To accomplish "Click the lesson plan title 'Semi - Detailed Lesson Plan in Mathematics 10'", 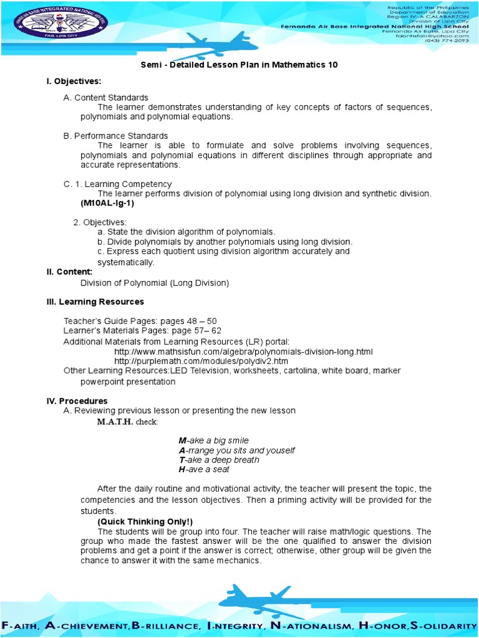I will [x=239, y=65].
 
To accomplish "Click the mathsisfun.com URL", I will [x=243, y=352].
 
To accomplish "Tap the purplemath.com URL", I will [x=201, y=361].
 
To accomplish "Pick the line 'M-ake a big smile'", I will [x=213, y=440].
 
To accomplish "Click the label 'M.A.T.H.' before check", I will [x=115, y=422].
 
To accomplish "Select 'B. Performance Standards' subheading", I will [x=115, y=136].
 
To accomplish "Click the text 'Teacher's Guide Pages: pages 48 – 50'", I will [x=140, y=320].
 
